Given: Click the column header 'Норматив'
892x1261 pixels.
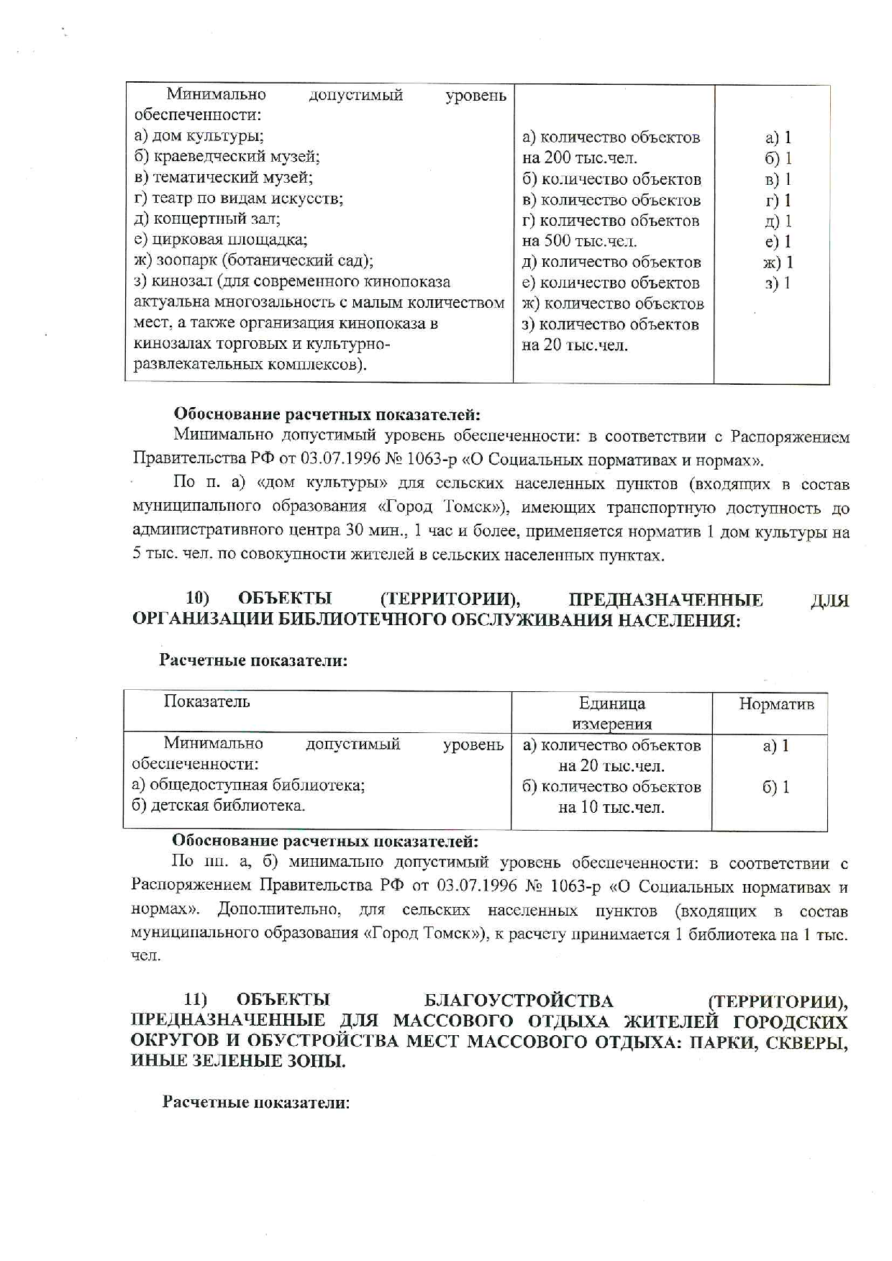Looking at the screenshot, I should tap(776, 704).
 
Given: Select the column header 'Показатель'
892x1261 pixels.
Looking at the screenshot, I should tap(206, 701).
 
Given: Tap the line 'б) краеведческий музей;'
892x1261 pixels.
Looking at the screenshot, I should tap(227, 157).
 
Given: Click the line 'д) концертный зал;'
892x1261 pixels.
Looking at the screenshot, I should tap(207, 219).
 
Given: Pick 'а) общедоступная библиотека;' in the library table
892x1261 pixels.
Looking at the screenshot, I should tap(248, 785).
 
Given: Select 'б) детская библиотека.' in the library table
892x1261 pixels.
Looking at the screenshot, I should tap(218, 806).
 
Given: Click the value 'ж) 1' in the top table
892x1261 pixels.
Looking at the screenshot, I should tap(778, 263).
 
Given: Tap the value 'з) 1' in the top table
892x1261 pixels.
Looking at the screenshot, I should tap(778, 283).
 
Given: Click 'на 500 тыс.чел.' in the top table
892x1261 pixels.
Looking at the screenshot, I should tap(579, 242).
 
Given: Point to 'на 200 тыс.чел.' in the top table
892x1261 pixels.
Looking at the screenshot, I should tap(579, 158).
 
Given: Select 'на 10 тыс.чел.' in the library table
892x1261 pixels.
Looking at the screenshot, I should tap(611, 808).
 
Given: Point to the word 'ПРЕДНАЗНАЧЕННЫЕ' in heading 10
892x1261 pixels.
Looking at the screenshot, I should tap(665, 599).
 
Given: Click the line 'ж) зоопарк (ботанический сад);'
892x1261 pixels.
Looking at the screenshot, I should tap(253, 260).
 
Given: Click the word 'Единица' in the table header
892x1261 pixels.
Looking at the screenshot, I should tap(611, 704).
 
